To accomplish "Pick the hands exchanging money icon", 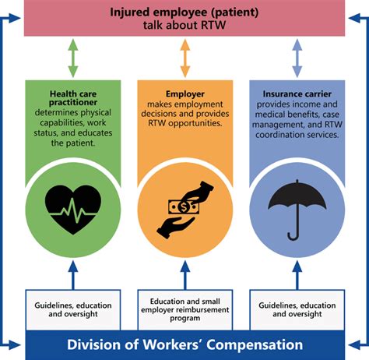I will (x=184, y=207).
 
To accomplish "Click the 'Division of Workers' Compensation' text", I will (x=184, y=344).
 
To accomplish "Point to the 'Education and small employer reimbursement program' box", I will (x=184, y=308).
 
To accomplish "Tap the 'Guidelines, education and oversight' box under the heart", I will (x=72, y=308).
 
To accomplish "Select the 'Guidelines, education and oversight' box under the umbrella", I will (x=297, y=308).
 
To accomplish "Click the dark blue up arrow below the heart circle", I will (x=72, y=274).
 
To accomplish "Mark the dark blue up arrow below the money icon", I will (x=184, y=274).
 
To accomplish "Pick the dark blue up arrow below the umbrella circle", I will (x=297, y=274).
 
